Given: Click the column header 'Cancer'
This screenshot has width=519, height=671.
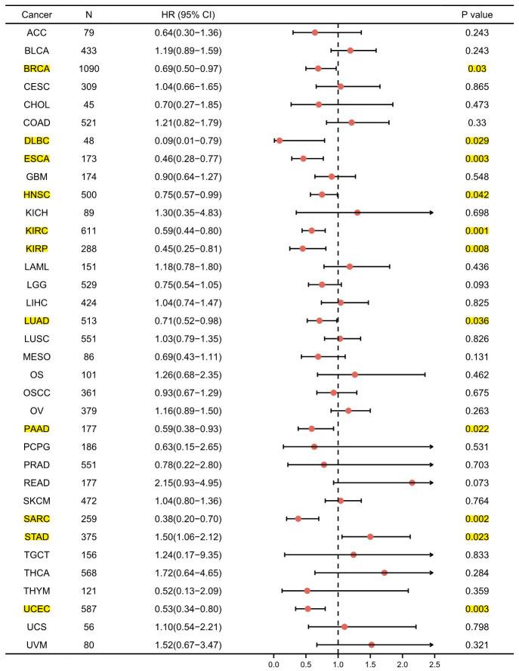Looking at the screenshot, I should coord(36,14).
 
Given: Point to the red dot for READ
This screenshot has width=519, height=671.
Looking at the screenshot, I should coord(412,482).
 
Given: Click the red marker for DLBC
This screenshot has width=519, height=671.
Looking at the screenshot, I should coord(280,140).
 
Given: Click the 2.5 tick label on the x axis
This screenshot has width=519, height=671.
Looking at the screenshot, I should coord(434,663).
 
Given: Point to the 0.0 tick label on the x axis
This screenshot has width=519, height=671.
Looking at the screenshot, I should coord(273,663).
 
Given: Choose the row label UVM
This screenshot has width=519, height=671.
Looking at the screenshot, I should coord(36,645).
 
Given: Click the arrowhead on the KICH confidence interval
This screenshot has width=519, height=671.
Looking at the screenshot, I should coord(431,213).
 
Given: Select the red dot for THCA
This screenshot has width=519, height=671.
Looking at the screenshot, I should coord(385,573).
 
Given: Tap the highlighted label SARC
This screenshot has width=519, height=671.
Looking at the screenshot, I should coord(36,518).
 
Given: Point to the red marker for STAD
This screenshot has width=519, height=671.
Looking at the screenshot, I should coord(370,536).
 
